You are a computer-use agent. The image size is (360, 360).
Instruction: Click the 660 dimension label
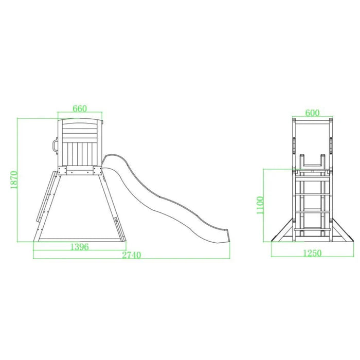coord(80,109)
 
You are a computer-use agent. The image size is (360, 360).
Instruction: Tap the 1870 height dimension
coord(14,180)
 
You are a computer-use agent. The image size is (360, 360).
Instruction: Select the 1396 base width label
coord(79,247)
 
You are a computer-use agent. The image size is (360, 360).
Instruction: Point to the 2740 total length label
coord(131,255)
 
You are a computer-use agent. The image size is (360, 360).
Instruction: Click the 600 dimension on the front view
coord(312,113)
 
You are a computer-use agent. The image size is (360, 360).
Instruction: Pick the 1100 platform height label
coord(260,205)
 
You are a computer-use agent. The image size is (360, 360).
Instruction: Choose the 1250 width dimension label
coord(312,253)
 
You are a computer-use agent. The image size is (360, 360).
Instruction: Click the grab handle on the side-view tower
coord(55,145)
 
